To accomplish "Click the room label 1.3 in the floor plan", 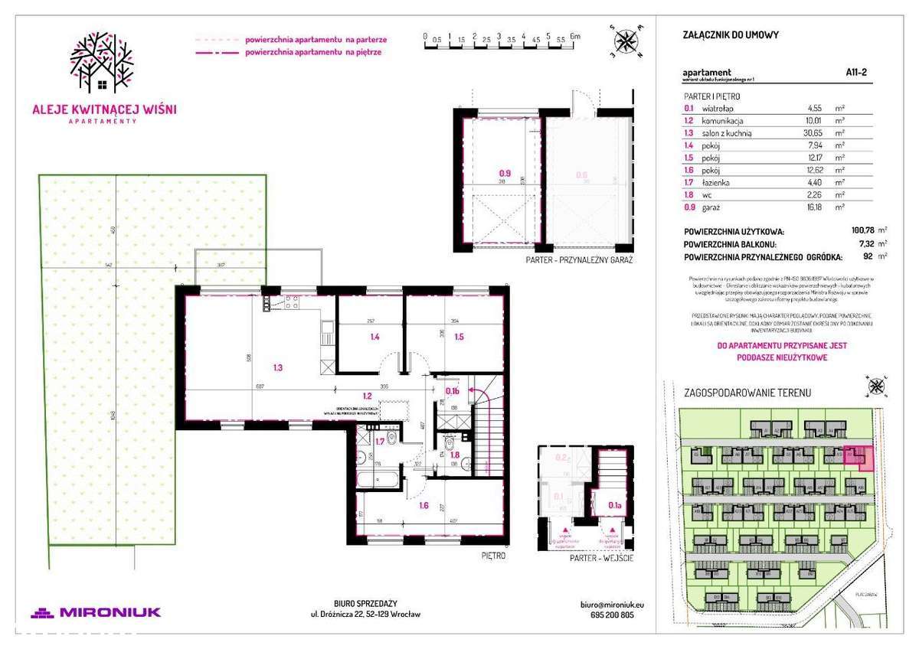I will [278, 368].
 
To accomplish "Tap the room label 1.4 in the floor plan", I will [375, 337].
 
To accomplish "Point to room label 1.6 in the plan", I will [423, 506].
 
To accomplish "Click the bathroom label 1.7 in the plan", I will [380, 442].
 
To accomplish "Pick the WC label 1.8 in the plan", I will [454, 455].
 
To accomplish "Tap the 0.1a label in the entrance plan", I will [614, 504].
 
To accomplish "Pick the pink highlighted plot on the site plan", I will [858, 457].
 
